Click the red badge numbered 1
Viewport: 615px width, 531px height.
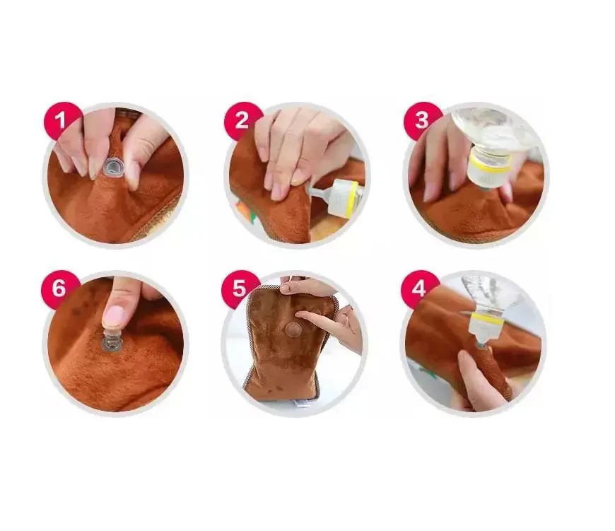(62, 120)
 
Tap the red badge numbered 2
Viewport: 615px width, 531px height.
(242, 120)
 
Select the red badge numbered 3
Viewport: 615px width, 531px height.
(422, 120)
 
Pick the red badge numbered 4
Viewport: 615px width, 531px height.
(420, 288)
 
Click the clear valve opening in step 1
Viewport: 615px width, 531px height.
(112, 168)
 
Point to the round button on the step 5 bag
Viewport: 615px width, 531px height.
(292, 328)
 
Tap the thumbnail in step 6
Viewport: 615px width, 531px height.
(115, 315)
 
